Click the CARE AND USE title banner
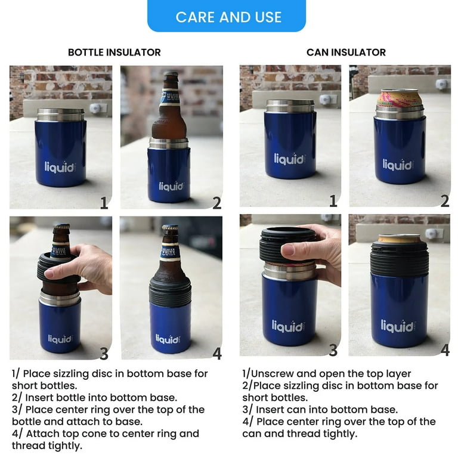click(x=228, y=17)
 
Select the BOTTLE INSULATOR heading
click(x=114, y=52)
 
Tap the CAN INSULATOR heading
click(x=346, y=52)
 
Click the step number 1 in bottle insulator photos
click(x=104, y=203)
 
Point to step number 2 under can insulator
click(x=444, y=202)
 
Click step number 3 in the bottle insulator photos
click(x=104, y=354)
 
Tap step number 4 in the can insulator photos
click(x=444, y=351)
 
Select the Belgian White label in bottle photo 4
click(x=170, y=250)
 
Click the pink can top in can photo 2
click(x=399, y=95)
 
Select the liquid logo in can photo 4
click(x=397, y=327)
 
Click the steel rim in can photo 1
click(x=290, y=106)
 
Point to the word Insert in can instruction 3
click(x=271, y=410)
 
